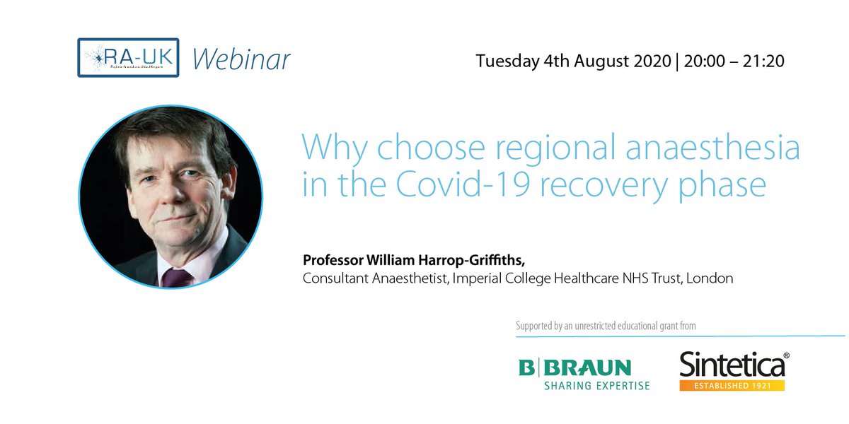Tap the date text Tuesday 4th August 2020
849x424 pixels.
[572, 60]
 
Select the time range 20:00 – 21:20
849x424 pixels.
[733, 60]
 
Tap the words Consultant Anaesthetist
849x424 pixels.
[366, 278]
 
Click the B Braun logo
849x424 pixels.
[574, 368]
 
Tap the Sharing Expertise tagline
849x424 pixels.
[596, 386]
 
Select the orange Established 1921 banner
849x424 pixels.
[732, 386]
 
